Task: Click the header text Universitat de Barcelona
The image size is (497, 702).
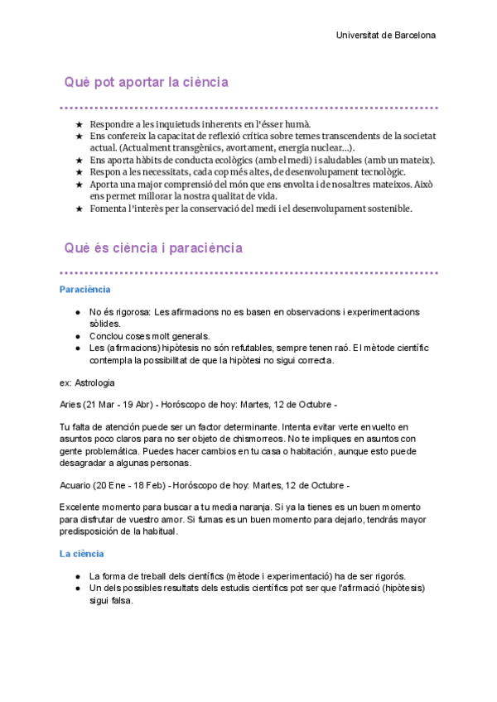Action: click(x=386, y=36)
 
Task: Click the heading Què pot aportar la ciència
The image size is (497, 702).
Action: click(x=147, y=83)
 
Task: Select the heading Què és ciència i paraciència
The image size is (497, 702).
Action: click(x=153, y=248)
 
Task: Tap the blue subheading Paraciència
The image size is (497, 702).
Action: click(x=85, y=290)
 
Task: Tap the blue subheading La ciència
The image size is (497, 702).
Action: click(x=82, y=554)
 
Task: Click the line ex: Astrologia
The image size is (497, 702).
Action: click(x=88, y=383)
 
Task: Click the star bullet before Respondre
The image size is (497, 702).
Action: click(x=80, y=123)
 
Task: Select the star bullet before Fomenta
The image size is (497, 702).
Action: click(x=80, y=209)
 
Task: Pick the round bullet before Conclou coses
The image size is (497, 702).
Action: click(x=77, y=336)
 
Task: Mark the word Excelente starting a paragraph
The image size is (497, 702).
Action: click(x=83, y=506)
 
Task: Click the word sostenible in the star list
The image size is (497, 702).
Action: click(x=388, y=209)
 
